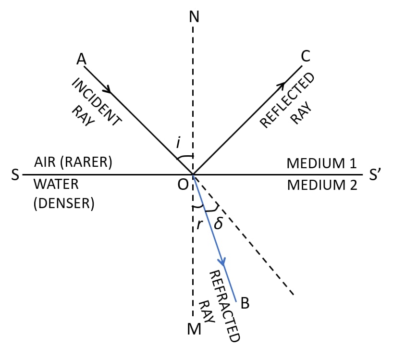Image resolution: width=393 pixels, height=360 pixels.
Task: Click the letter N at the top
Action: tap(194, 17)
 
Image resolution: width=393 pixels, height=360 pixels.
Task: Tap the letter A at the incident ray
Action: tap(82, 59)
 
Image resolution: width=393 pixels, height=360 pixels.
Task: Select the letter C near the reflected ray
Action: tap(306, 57)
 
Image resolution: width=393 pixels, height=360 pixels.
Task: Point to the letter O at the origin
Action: tap(183, 185)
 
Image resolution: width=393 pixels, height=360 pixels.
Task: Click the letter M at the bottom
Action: tap(194, 330)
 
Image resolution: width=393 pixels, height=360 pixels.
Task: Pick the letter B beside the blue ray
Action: tap(245, 303)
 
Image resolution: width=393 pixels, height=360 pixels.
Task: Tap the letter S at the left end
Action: tap(15, 175)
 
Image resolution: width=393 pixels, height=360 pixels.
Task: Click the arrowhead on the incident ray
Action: tap(110, 90)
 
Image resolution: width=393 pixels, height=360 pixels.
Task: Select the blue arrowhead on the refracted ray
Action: tap(222, 262)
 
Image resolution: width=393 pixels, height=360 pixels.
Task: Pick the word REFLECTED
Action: tap(287, 100)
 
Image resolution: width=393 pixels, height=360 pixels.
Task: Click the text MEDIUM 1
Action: tap(322, 163)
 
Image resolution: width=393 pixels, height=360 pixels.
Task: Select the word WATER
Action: tap(56, 185)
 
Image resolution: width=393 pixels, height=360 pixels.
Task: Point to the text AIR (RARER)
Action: tap(73, 163)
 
